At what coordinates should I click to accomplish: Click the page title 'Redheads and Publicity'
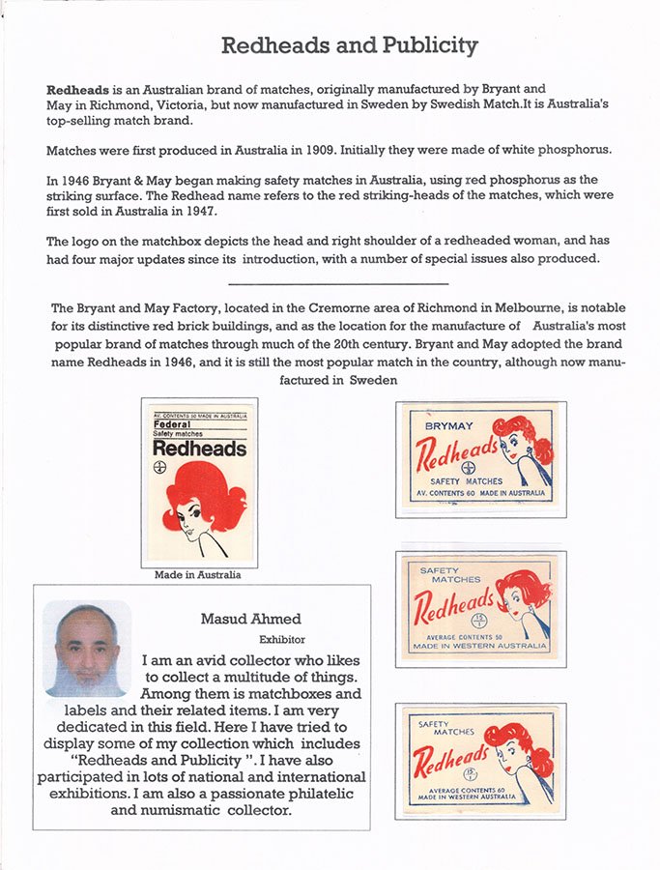tap(349, 44)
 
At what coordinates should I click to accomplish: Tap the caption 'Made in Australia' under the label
tap(198, 574)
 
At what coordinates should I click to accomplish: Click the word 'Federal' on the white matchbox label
tap(173, 423)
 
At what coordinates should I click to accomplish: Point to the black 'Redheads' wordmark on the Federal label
tap(199, 449)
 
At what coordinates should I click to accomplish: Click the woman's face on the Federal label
tap(189, 523)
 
